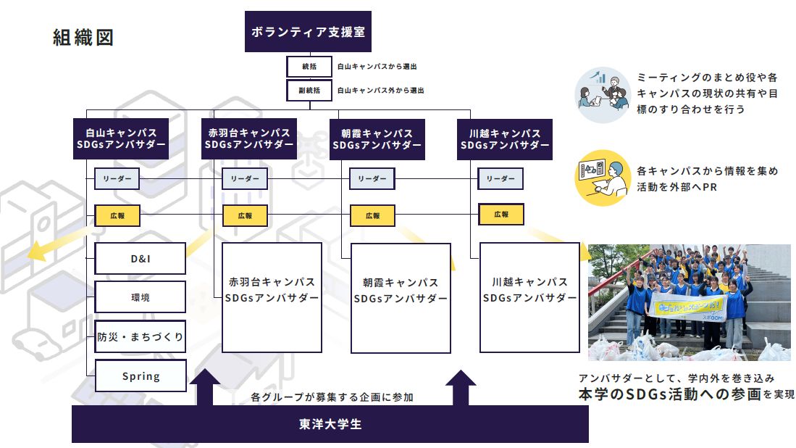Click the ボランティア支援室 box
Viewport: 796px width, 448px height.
tap(308, 31)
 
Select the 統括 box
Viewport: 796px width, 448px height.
tap(309, 67)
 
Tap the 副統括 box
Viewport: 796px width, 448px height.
tap(309, 91)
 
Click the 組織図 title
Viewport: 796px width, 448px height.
tap(83, 38)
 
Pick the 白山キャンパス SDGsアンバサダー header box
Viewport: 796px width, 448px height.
tap(121, 138)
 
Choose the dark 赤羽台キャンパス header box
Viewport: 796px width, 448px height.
tap(248, 138)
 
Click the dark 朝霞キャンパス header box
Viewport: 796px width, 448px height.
tap(377, 139)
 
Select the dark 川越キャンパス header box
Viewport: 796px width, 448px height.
tap(505, 139)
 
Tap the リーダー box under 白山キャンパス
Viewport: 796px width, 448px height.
tap(117, 179)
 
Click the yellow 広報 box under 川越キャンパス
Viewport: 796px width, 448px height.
tap(501, 215)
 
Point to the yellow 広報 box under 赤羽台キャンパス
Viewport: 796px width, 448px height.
tap(246, 215)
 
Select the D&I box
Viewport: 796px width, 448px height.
tap(140, 259)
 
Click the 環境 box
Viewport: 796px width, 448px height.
tap(140, 297)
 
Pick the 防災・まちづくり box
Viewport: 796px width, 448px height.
tap(140, 336)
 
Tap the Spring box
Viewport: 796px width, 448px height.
tap(141, 376)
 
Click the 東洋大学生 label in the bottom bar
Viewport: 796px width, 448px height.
tap(330, 424)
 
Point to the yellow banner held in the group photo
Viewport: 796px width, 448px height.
tap(688, 307)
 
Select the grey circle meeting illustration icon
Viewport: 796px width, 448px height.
tap(603, 95)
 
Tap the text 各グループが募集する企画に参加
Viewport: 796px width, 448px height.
tap(332, 397)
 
